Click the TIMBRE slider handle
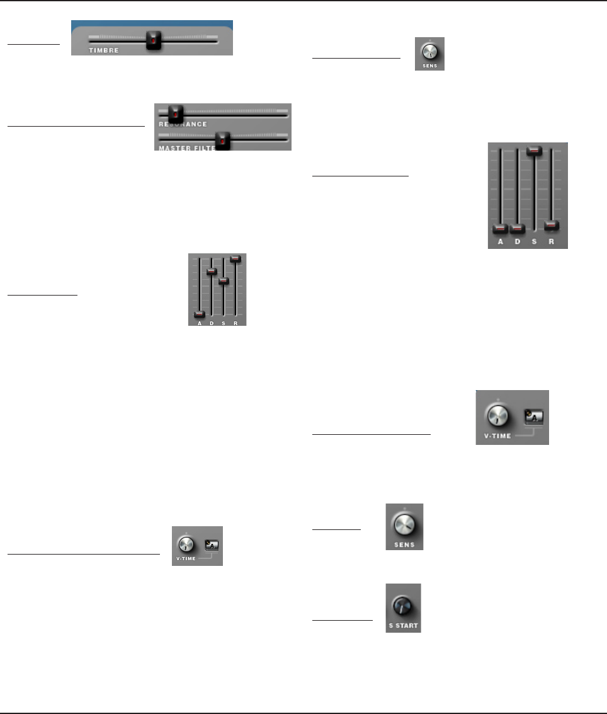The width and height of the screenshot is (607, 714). (153, 40)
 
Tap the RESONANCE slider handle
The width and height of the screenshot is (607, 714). (175, 114)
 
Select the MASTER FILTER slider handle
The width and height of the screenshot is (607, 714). (223, 141)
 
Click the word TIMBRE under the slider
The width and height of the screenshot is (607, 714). (103, 49)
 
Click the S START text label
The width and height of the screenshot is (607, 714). (404, 626)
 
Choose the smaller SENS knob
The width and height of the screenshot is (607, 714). (429, 52)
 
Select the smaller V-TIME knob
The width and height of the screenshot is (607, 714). (184, 543)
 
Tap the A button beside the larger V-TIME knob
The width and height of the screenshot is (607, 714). (534, 415)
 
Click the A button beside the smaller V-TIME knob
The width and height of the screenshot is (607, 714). (211, 544)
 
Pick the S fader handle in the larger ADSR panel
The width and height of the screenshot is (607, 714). (535, 151)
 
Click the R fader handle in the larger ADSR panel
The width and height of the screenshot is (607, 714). (552, 224)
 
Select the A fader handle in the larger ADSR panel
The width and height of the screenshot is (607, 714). (500, 228)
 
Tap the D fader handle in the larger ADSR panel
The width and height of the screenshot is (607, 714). (518, 228)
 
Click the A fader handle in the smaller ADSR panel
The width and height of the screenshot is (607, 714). (200, 314)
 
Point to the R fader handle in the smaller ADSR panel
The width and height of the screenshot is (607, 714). (236, 258)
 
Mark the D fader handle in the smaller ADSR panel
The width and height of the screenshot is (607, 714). (212, 271)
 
